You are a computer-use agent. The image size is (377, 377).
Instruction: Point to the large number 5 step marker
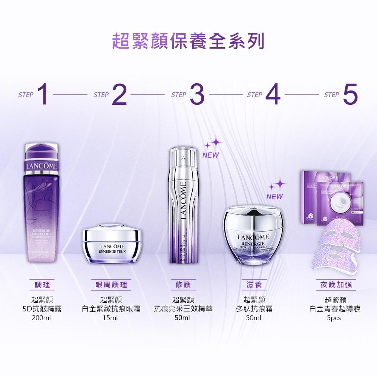click(350, 95)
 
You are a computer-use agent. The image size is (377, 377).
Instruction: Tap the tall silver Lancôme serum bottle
click(184, 207)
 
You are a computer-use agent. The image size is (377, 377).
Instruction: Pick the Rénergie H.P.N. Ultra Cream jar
click(253, 236)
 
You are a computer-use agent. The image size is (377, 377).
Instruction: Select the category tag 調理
click(41, 285)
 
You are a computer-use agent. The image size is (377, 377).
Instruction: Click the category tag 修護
click(183, 285)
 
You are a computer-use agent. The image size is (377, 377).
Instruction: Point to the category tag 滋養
click(253, 285)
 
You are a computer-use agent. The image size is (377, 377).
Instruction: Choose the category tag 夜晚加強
click(335, 285)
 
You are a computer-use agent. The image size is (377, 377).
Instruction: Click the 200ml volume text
click(41, 318)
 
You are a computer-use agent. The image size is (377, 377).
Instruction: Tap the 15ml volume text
click(111, 318)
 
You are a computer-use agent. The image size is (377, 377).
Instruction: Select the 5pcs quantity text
click(334, 318)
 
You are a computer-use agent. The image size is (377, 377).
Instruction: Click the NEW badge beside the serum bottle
click(210, 155)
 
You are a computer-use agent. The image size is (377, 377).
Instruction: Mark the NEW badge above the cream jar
click(274, 196)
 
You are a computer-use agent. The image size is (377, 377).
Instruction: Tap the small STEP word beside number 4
click(255, 95)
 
